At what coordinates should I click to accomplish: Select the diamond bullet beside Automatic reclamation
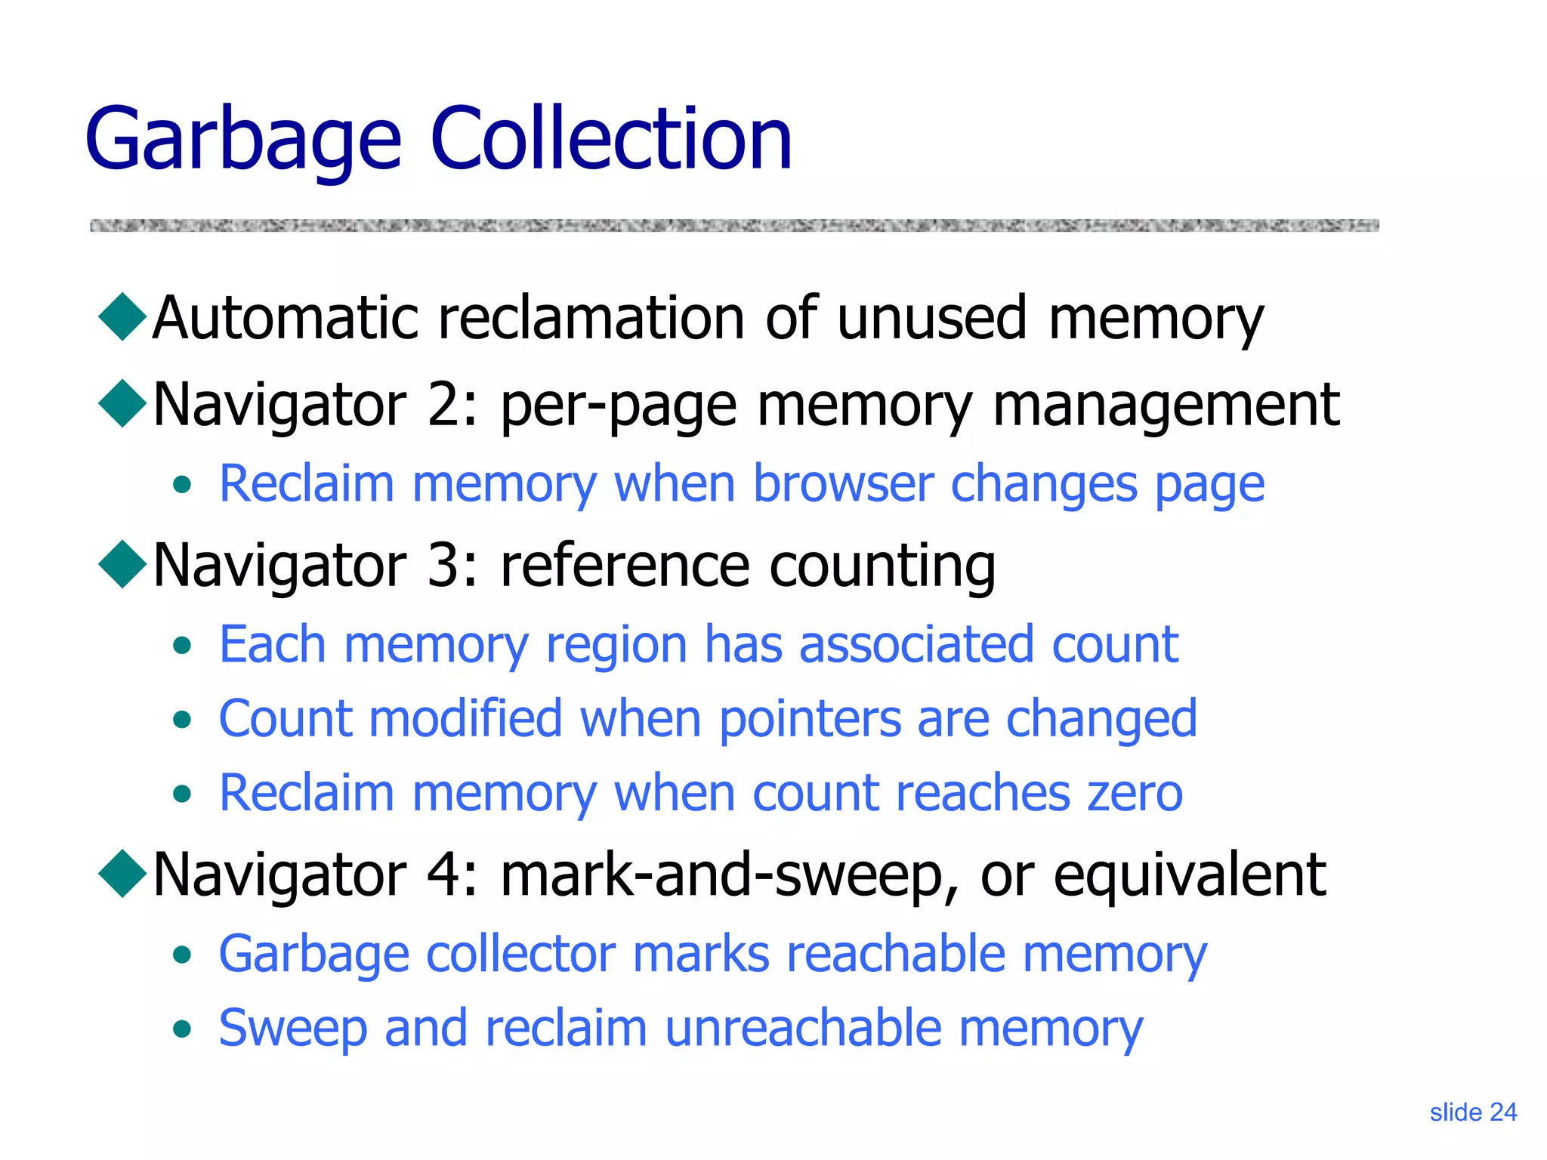click(122, 316)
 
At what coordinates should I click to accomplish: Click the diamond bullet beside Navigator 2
click(122, 403)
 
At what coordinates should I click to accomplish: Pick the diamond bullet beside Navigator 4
click(122, 873)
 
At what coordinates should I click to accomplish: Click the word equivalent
click(1190, 875)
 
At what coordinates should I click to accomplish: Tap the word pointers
click(809, 720)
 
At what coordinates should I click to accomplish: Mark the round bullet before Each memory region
click(181, 646)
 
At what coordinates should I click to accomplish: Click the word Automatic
click(286, 318)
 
